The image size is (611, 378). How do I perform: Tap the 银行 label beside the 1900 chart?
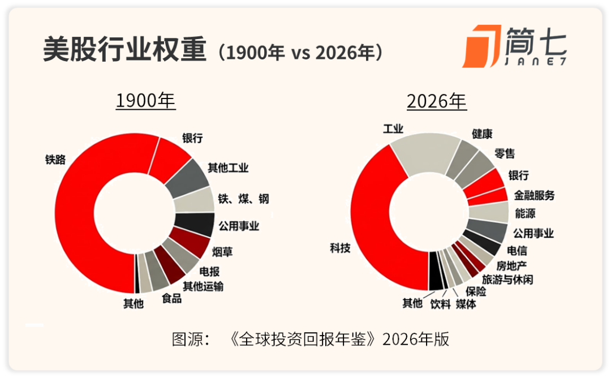pyautogui.click(x=192, y=138)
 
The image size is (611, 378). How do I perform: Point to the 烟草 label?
pyautogui.click(x=222, y=251)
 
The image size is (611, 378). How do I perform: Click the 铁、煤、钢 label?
pyautogui.click(x=243, y=199)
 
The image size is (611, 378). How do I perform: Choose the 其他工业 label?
pyautogui.click(x=228, y=167)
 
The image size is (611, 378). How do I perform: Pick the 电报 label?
pyautogui.click(x=209, y=270)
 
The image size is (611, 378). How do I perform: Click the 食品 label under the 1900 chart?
pyautogui.click(x=171, y=298)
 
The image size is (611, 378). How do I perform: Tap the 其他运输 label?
pyautogui.click(x=203, y=286)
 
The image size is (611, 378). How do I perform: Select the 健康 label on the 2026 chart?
pyautogui.click(x=482, y=134)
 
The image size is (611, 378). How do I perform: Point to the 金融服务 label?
pyautogui.click(x=535, y=195)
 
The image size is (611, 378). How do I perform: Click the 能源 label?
pyautogui.click(x=525, y=213)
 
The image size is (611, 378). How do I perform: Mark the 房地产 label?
pyautogui.click(x=511, y=265)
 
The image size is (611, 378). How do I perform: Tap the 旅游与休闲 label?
pyautogui.click(x=507, y=279)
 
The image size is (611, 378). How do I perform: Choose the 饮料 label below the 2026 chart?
pyautogui.click(x=440, y=304)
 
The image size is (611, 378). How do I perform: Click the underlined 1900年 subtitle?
pyautogui.click(x=145, y=101)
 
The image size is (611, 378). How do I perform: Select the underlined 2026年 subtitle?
pyautogui.click(x=437, y=101)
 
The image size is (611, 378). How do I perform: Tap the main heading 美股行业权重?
pyautogui.click(x=124, y=50)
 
